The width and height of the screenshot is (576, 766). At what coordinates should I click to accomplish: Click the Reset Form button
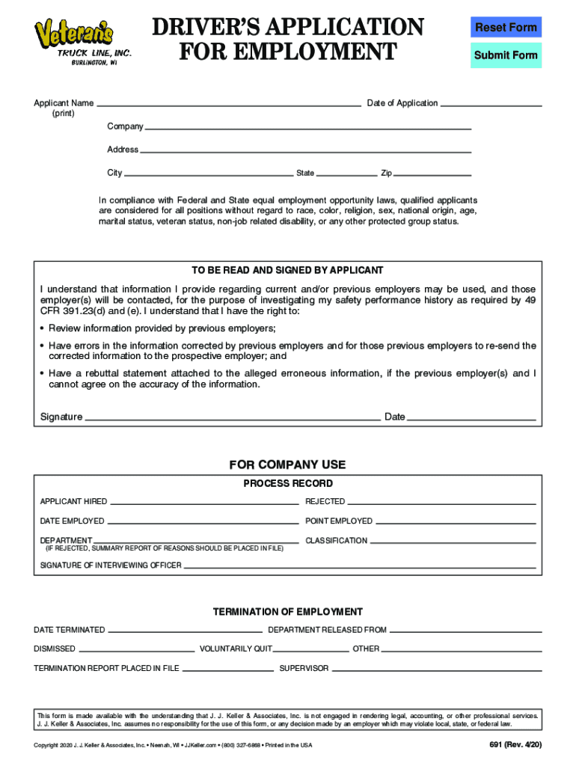(x=506, y=28)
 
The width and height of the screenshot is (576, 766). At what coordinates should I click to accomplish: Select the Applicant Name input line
(x=228, y=103)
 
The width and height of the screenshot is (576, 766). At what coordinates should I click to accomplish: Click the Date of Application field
(x=490, y=103)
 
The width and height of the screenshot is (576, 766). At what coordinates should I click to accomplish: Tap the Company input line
(x=307, y=126)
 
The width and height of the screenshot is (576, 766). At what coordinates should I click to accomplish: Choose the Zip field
(x=432, y=173)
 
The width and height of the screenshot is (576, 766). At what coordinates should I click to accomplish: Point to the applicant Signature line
(x=232, y=417)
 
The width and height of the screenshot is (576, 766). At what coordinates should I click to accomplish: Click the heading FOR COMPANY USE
(x=287, y=465)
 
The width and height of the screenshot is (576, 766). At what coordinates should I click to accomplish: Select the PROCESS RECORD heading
(x=288, y=484)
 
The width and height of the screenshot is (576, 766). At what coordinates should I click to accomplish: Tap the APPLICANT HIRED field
(x=203, y=501)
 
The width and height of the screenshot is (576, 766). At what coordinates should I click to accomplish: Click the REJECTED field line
(x=441, y=501)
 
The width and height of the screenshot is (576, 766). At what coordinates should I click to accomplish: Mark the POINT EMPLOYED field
(x=455, y=521)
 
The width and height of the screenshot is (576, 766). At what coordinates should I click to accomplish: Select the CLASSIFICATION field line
(x=453, y=540)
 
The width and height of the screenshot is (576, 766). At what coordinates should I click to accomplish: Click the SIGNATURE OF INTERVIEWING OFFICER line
(x=360, y=566)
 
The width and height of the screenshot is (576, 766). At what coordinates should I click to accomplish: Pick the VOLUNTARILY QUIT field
(x=311, y=649)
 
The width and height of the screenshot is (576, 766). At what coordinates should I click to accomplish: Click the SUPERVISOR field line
(x=435, y=668)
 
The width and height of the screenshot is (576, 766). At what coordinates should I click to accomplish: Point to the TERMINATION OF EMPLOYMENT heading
(x=288, y=612)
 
